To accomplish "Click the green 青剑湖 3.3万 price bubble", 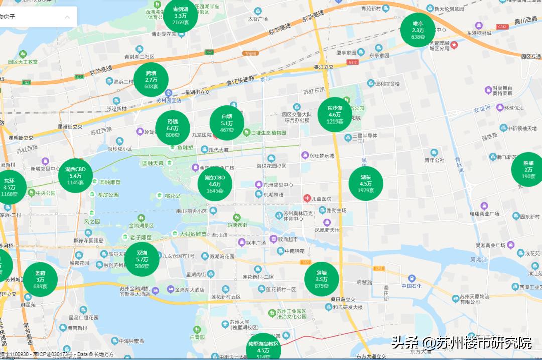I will [x=180, y=16].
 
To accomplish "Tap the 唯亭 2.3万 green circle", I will [x=418, y=30].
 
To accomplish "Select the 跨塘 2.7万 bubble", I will [x=151, y=80].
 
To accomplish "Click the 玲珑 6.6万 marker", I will [x=173, y=128].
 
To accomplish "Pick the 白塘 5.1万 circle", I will [x=227, y=123].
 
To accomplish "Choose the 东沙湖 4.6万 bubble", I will [x=335, y=115].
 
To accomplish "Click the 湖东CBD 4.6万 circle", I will [x=215, y=184].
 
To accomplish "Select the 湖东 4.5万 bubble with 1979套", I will [x=366, y=184].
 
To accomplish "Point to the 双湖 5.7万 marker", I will [x=142, y=259].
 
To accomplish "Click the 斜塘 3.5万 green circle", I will [x=322, y=279].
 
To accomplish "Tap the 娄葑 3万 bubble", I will [x=40, y=280].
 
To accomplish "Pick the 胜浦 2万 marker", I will [x=528, y=170].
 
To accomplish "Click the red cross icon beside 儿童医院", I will [x=307, y=198].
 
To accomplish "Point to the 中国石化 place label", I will [x=413, y=286].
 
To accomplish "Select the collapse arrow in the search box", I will [x=67, y=17].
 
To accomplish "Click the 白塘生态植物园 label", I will [x=268, y=133].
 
